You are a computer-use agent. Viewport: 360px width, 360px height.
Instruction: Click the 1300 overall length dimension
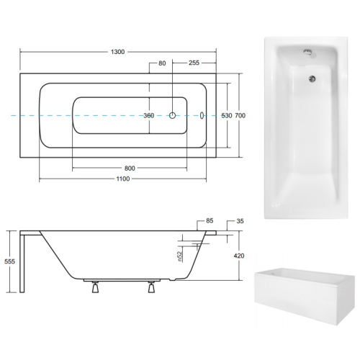pos(117,52)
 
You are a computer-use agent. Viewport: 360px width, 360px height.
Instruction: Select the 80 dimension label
pos(162,63)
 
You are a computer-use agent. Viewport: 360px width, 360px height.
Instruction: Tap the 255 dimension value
pos(194,63)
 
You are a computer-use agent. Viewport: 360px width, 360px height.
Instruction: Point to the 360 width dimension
pos(149,116)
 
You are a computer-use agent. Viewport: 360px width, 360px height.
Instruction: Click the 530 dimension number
pos(227,116)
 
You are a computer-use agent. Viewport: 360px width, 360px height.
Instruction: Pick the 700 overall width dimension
pos(240,116)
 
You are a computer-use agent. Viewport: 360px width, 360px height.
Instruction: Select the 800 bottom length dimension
pos(130,168)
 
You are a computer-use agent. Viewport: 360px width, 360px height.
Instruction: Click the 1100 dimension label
pos(123,179)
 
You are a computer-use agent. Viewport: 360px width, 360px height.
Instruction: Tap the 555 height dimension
pos(9,261)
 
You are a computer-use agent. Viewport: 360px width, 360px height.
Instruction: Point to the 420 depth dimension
pos(239,256)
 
